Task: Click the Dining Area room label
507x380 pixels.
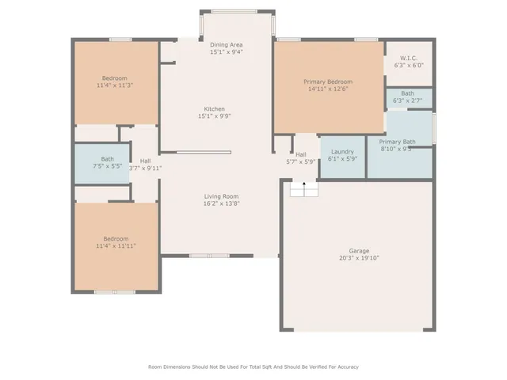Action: [226, 45]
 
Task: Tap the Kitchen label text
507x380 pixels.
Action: [215, 108]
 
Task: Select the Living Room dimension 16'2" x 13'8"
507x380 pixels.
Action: [220, 203]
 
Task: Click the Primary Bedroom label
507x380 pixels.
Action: [328, 82]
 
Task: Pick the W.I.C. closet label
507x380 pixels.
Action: [409, 58]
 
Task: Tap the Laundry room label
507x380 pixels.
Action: [342, 151]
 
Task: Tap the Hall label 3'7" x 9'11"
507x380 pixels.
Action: [146, 164]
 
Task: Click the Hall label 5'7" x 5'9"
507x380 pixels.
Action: [301, 158]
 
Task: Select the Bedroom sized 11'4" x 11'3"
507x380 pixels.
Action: [115, 82]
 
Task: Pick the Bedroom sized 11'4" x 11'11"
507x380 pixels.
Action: [115, 242]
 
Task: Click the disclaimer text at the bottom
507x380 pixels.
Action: [253, 367]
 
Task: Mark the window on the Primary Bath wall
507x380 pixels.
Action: [434, 128]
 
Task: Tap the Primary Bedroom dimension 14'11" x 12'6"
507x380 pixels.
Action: [328, 89]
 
